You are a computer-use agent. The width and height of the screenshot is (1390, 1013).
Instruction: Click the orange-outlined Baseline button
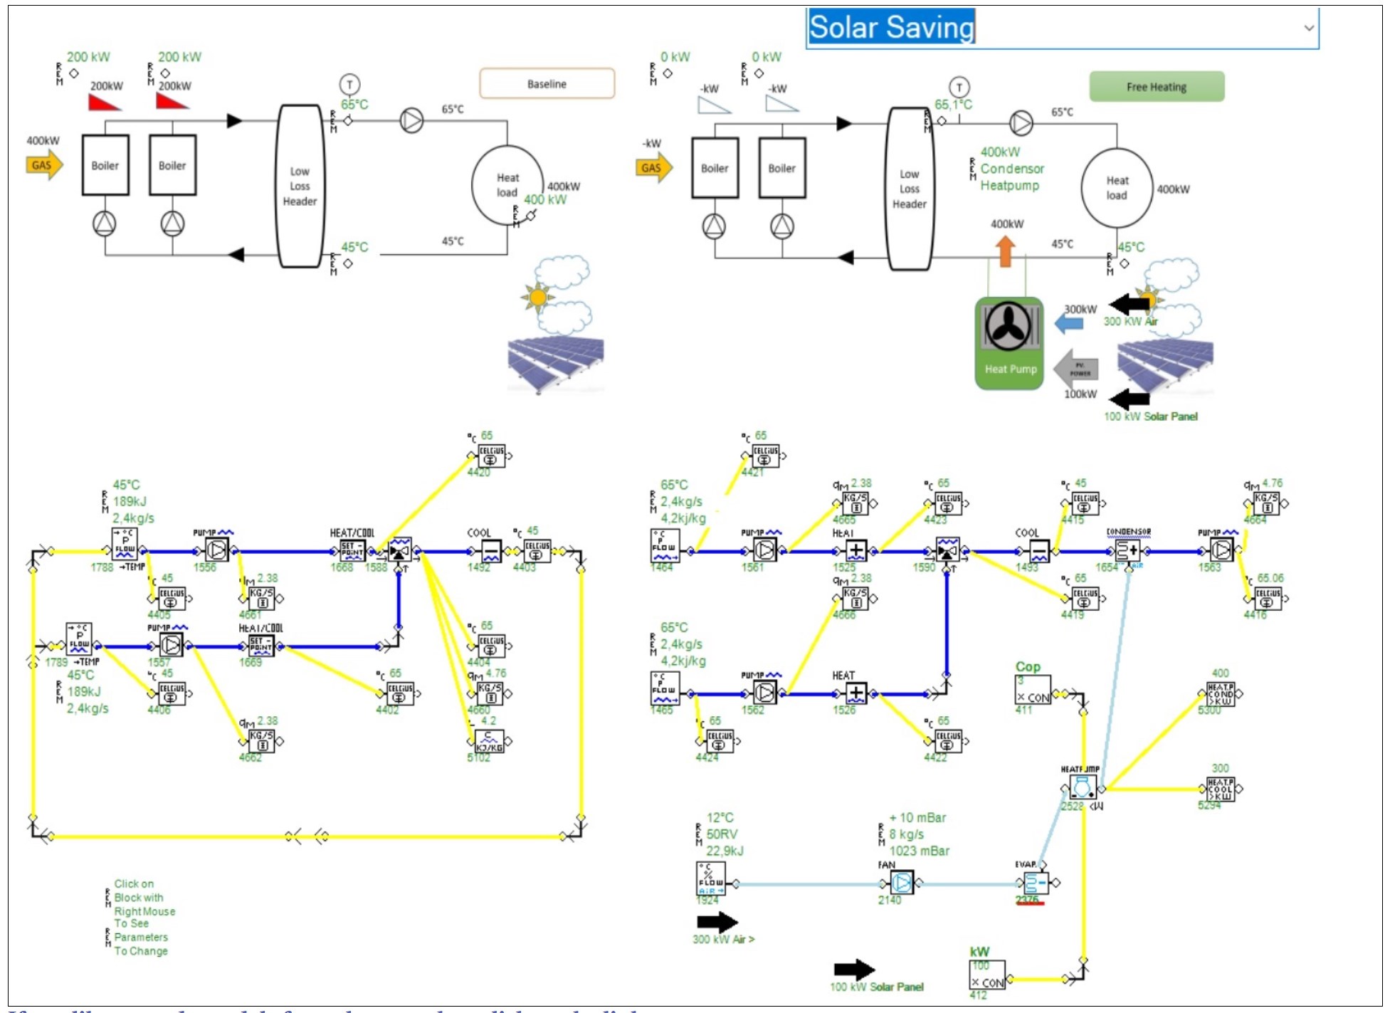tap(547, 84)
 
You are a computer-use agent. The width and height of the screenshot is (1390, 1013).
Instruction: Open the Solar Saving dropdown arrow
tap(1308, 28)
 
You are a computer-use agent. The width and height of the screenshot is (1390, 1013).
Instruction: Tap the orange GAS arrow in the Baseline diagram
tap(43, 165)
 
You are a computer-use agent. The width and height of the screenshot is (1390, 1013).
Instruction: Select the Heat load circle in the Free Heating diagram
tap(1116, 188)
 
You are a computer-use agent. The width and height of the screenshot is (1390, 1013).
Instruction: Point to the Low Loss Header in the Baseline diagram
tap(300, 187)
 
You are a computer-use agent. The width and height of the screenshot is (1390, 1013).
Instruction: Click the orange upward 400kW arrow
tap(1005, 251)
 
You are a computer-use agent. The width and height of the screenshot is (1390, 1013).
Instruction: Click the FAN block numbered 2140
tap(901, 883)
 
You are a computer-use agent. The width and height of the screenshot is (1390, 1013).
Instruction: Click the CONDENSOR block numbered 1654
tap(1127, 551)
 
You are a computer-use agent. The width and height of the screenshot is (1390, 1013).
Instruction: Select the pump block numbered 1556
tap(216, 550)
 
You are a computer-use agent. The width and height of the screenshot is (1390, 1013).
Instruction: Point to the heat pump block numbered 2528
tap(1082, 788)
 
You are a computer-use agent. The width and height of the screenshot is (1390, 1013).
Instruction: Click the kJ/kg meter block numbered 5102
tap(489, 742)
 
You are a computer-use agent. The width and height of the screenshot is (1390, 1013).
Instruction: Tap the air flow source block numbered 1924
tap(710, 879)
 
